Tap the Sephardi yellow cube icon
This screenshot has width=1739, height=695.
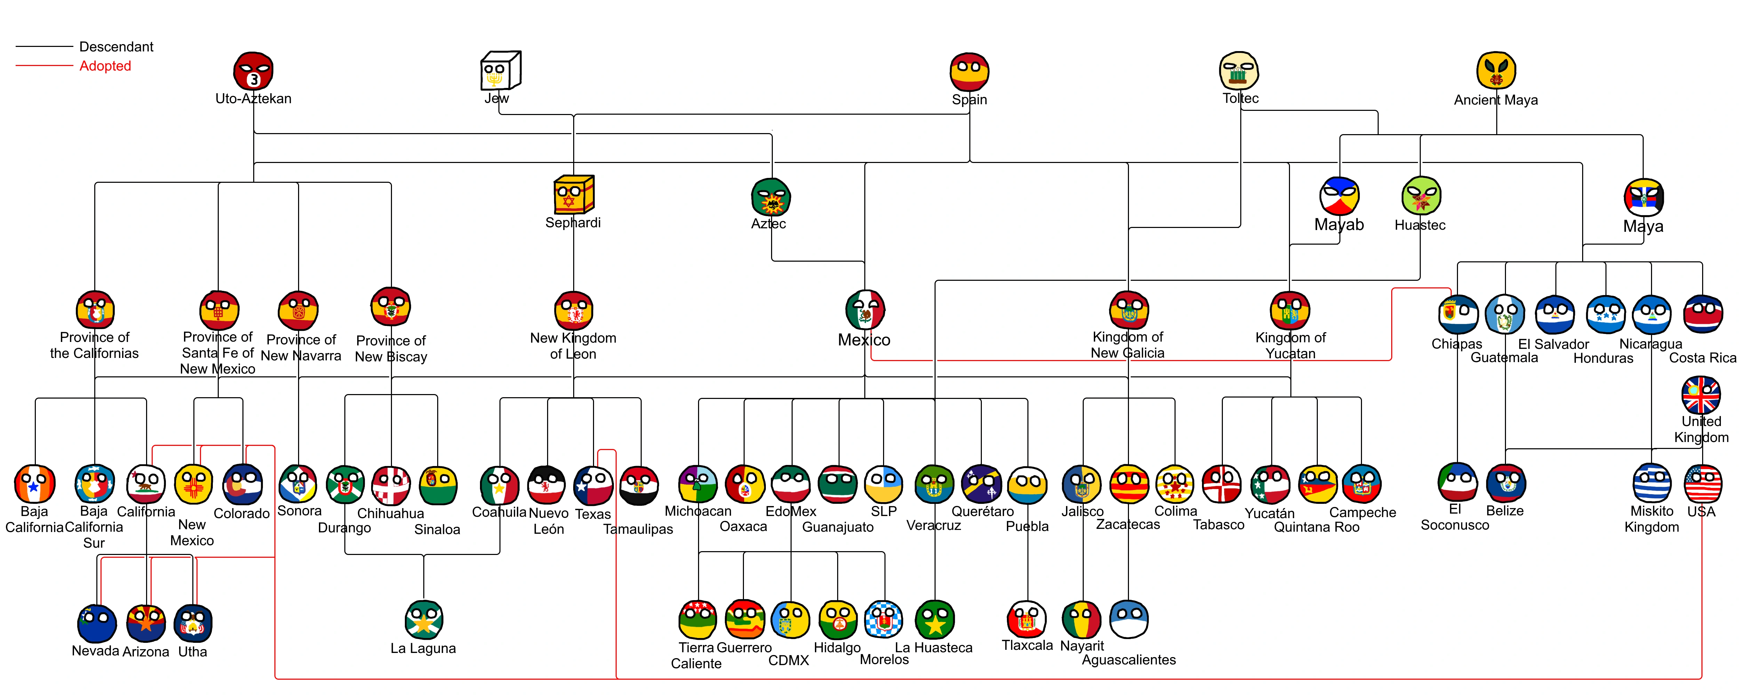(573, 195)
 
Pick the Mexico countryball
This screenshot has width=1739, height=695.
(865, 310)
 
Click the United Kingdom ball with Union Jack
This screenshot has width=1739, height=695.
(1700, 395)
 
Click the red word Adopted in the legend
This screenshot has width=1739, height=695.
(105, 66)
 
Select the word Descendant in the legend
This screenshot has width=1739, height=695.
(116, 47)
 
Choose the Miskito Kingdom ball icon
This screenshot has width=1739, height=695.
(1651, 483)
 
